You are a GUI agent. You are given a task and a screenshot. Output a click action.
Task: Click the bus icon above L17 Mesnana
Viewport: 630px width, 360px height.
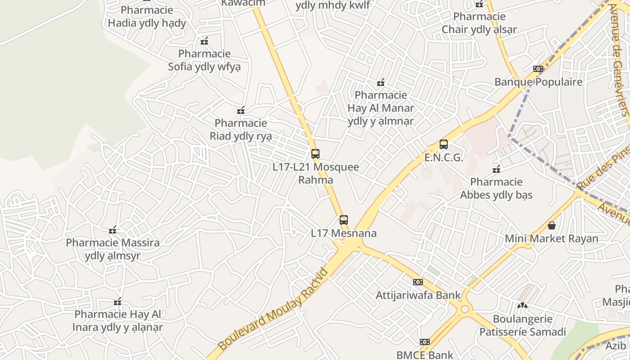pos(344,220)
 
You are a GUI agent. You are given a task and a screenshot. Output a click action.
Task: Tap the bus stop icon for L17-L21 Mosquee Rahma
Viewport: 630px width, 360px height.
pos(315,153)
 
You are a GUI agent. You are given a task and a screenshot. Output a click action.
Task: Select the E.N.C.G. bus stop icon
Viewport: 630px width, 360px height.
pos(444,144)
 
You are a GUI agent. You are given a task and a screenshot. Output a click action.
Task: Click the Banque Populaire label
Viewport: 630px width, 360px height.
pos(538,82)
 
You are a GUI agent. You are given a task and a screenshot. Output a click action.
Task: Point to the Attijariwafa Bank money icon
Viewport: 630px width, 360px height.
pos(418,282)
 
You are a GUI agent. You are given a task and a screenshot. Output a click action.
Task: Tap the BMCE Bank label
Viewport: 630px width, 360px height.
pos(425,355)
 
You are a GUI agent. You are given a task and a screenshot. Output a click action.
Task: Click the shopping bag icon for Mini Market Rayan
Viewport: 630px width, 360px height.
pos(552,225)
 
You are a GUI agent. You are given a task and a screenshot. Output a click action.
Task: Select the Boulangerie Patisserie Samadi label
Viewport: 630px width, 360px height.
pos(522,325)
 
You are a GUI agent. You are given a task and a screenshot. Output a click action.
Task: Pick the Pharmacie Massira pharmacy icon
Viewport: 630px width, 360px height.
pos(112,230)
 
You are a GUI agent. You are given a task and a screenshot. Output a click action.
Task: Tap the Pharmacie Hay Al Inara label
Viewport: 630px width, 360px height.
pos(117,320)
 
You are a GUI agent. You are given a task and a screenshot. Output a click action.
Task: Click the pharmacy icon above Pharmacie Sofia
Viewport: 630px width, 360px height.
pos(204,41)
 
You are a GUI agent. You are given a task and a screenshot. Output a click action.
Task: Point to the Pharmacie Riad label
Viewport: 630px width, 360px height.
pos(241,129)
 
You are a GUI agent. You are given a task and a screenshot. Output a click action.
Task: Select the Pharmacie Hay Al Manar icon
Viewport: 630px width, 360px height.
pos(381,82)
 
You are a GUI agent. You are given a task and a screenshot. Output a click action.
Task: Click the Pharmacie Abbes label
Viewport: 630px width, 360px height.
pos(496,188)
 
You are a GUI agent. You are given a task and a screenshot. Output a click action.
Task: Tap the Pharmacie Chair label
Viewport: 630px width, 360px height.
pos(479,23)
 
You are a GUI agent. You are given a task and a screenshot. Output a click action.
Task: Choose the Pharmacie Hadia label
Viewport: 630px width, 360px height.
pos(147,17)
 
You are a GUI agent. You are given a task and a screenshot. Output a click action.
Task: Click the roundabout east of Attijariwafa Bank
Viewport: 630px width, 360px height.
pos(464,309)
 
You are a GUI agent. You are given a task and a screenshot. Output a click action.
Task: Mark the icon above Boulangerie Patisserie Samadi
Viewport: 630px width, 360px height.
pos(522,306)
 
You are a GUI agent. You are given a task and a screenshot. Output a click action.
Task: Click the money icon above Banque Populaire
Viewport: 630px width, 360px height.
pos(538,69)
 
